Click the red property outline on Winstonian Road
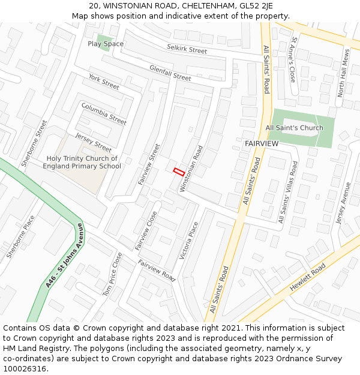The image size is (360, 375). coord(179,171)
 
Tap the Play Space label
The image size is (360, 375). coord(106,44)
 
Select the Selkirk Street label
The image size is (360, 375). coord(187,50)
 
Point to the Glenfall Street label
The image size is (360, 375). coord(170,73)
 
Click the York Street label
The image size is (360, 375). coord(104,82)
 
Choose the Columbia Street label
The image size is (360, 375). coord(104,114)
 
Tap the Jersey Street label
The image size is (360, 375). coord(94,143)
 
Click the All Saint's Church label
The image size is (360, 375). coord(294,128)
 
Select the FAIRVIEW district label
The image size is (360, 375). coord(262,144)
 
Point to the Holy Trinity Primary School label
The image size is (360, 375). coord(84,162)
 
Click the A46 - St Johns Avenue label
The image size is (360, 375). coord(65,255)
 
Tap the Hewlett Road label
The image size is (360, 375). coord(307,277)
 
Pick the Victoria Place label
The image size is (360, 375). coord(189,241)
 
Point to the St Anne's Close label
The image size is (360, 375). coord(293,60)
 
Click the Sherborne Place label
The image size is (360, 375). coord(21,236)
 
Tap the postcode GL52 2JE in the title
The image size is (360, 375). coord(256,6)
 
